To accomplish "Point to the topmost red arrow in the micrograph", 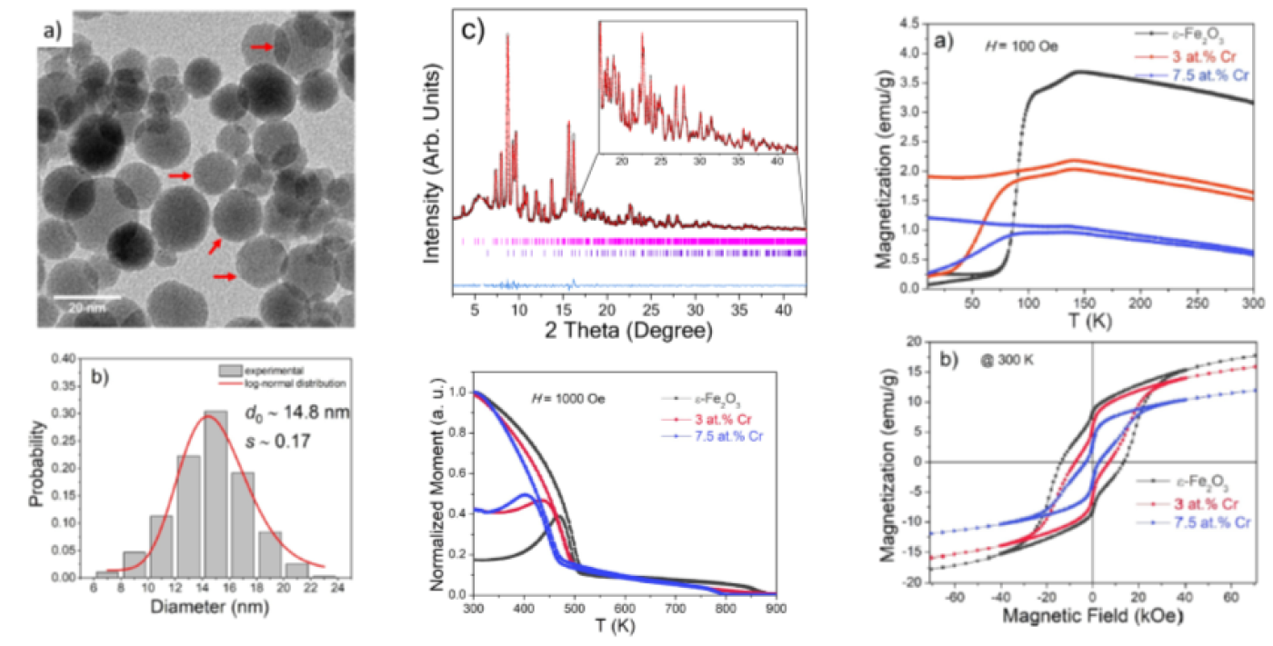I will point(261,47).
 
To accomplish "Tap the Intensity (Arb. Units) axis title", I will point(434,164).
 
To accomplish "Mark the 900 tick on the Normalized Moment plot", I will point(776,607).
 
